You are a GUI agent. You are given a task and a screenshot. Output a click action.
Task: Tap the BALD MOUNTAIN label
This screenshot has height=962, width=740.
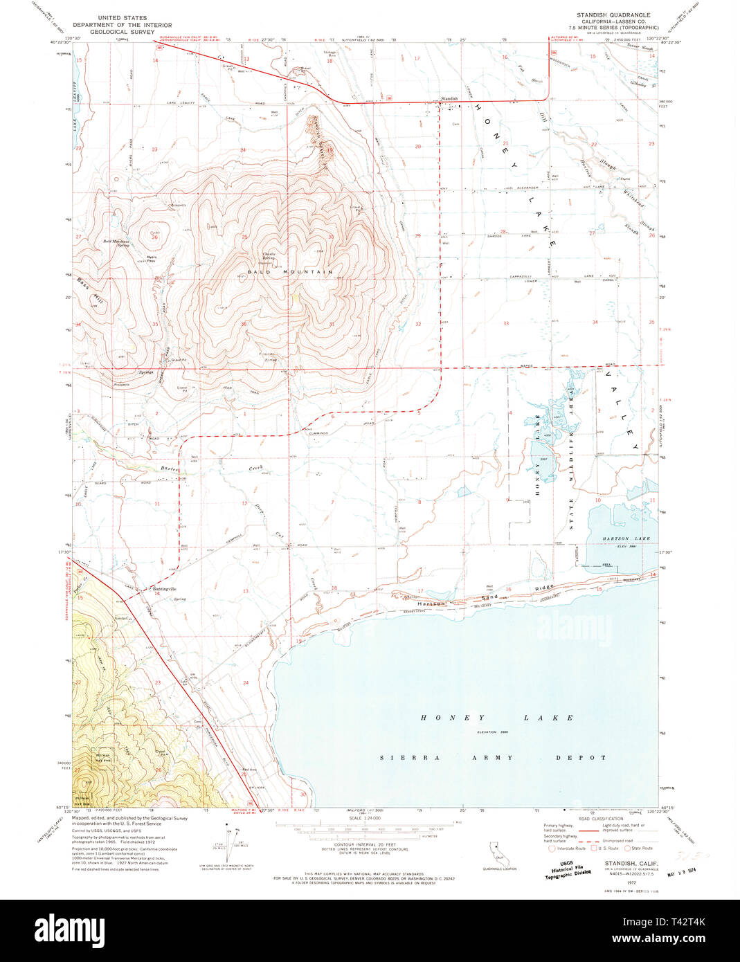pyautogui.click(x=290, y=273)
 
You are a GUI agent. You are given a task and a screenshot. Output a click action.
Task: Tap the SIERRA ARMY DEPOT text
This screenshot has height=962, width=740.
pyautogui.click(x=493, y=757)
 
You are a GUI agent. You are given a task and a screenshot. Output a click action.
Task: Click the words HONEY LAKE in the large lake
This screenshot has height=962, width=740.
pyautogui.click(x=496, y=718)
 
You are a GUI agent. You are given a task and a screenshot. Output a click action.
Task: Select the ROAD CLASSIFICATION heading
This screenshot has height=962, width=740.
pyautogui.click(x=599, y=818)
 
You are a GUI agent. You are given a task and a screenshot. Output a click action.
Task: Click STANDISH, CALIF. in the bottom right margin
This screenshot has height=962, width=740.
pyautogui.click(x=631, y=863)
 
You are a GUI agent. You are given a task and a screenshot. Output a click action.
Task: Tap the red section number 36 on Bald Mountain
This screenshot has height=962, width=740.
pyautogui.click(x=244, y=324)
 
